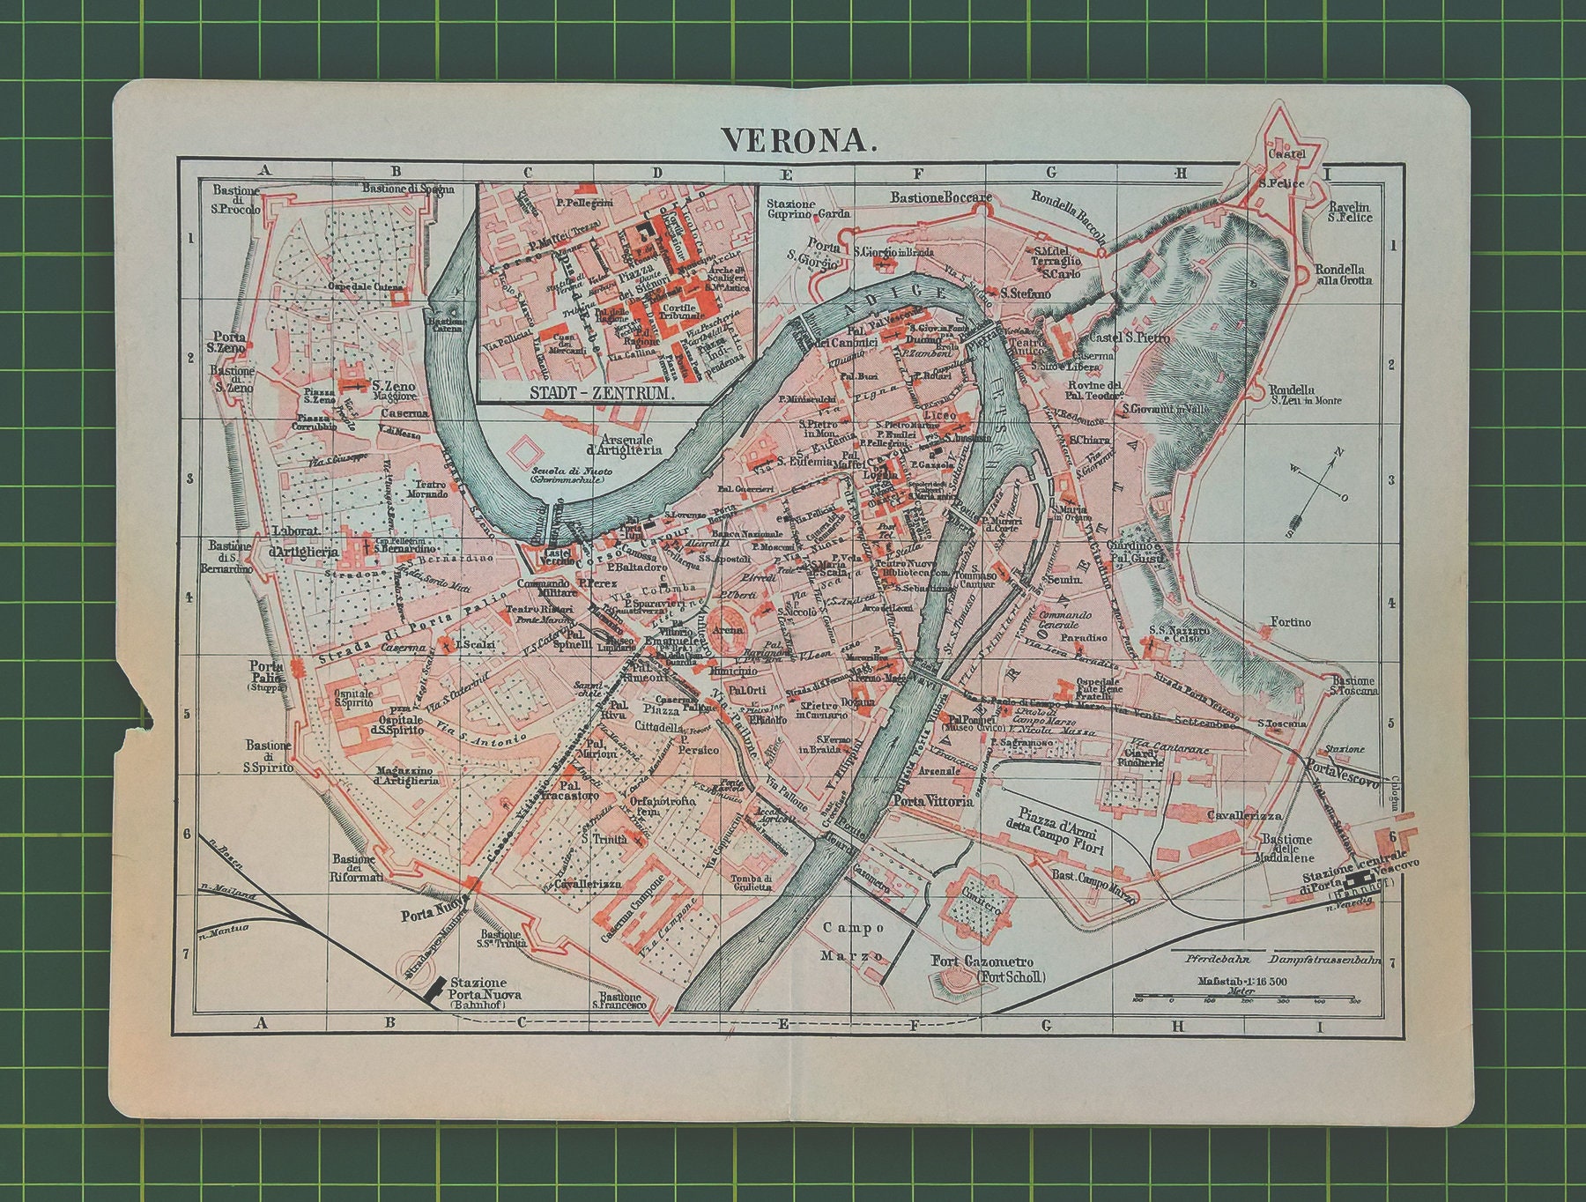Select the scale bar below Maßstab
pos(1247,999)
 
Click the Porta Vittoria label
pos(933,802)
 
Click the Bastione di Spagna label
pos(408,189)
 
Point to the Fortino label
pos(1290,622)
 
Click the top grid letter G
pos(1049,173)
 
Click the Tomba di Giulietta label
pos(751,883)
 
